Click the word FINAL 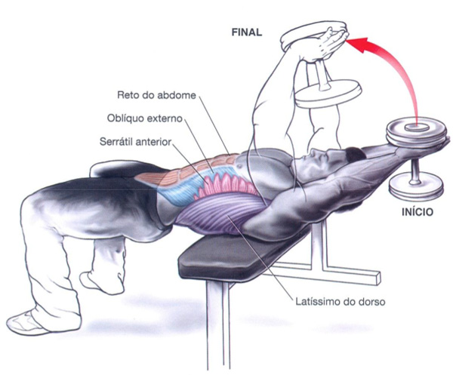245,32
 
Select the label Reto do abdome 156,96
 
